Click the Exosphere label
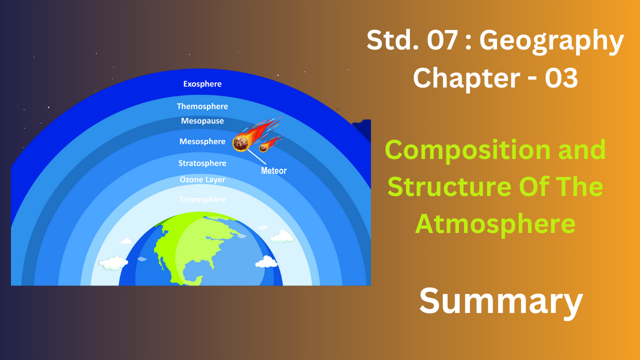tap(202, 84)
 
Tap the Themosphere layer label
tap(202, 106)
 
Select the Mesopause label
tap(202, 121)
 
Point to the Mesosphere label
tap(202, 141)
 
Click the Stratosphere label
tap(202, 163)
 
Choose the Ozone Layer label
tap(202, 179)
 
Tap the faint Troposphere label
tap(202, 199)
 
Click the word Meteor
tap(273, 170)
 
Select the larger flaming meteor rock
tap(240, 143)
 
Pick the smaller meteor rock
tap(263, 147)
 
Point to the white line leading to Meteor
tap(257, 157)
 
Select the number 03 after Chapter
tap(561, 78)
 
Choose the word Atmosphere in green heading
tap(495, 224)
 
